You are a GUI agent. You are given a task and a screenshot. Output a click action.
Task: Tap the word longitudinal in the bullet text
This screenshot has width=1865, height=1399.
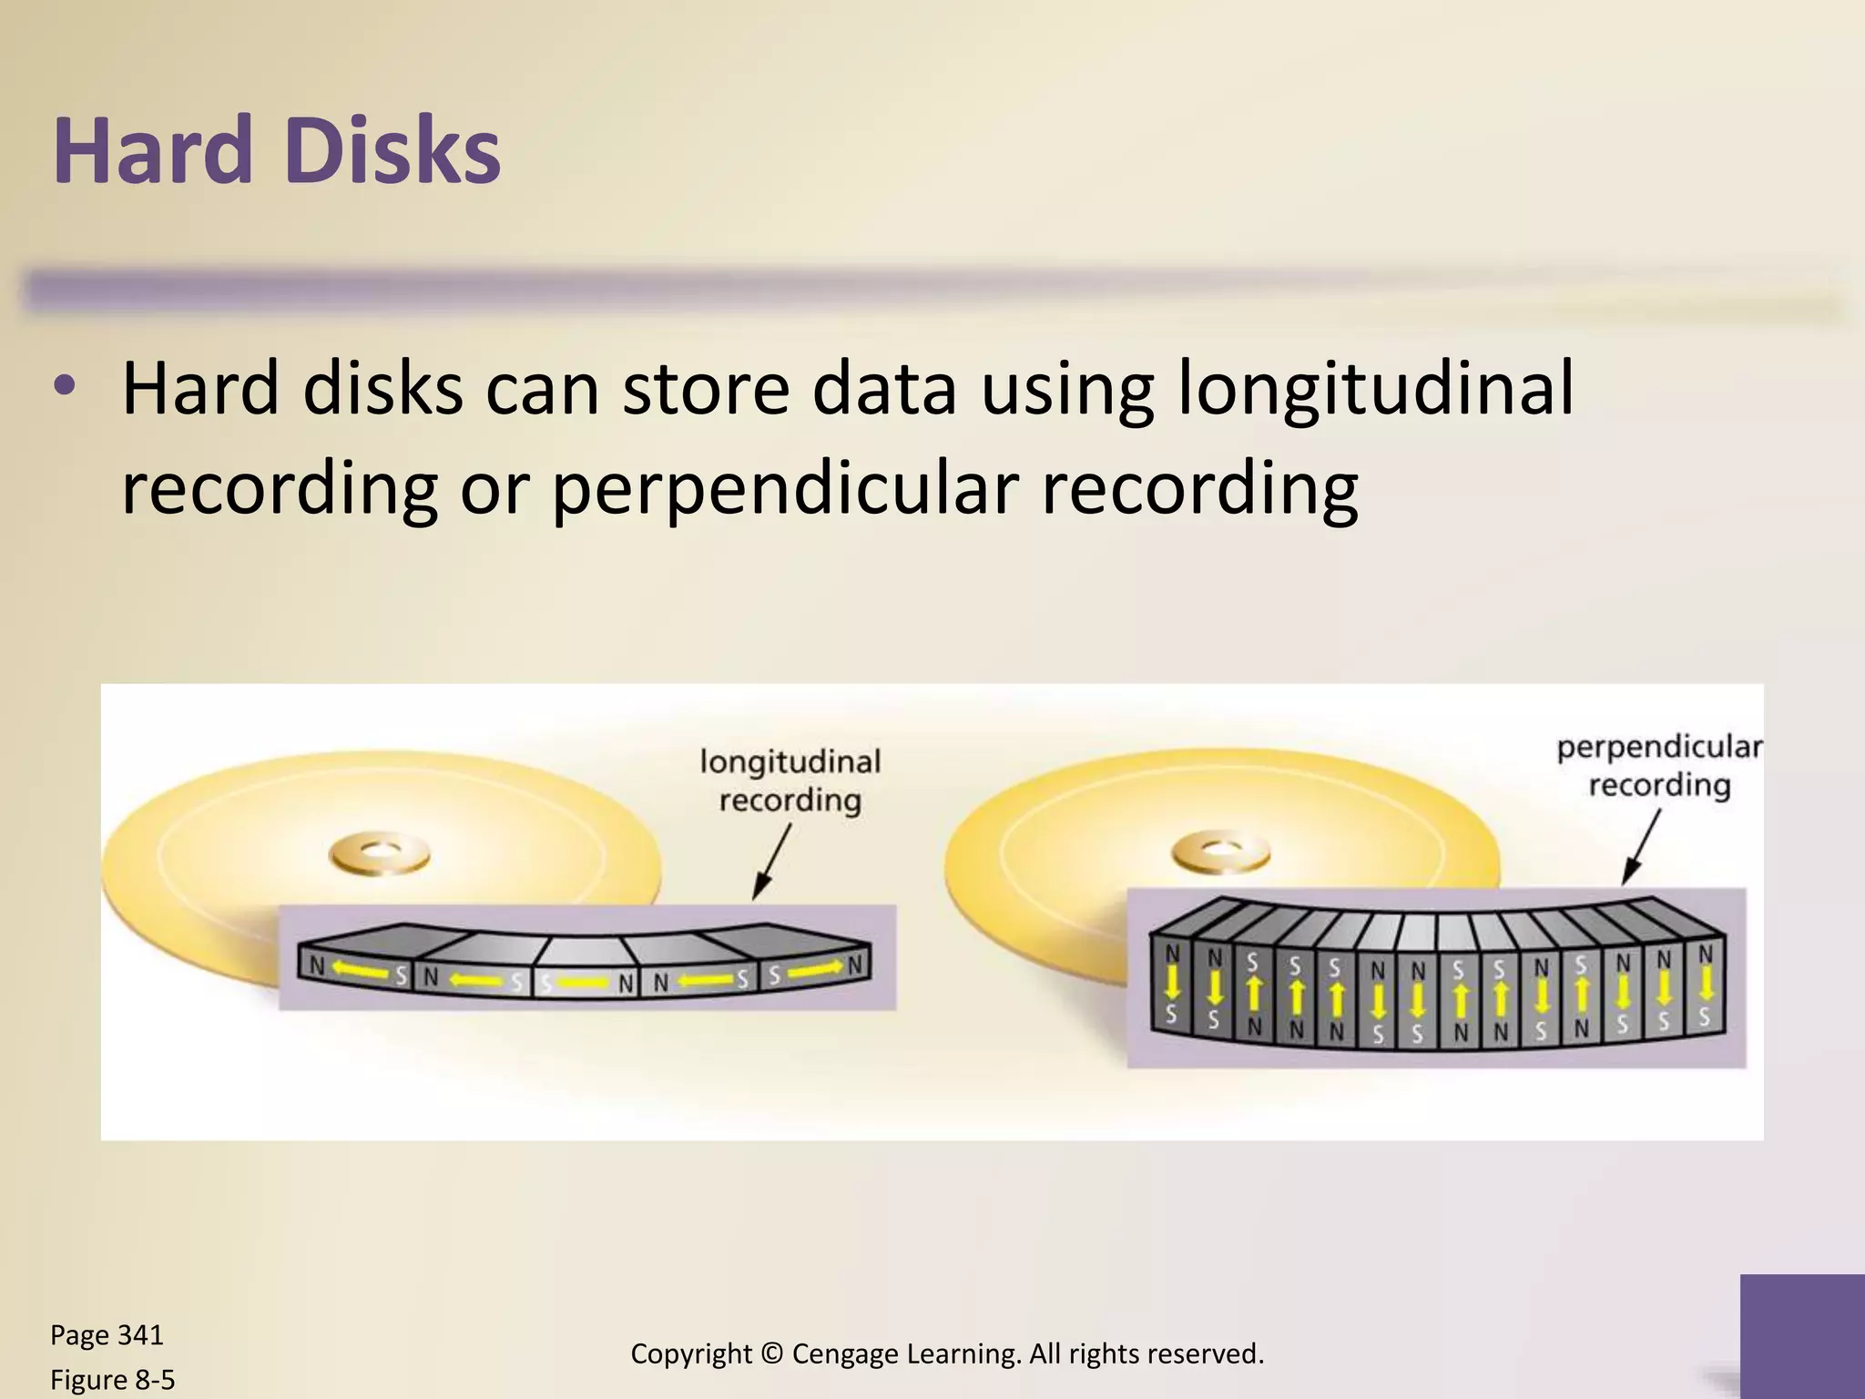[x=1375, y=390]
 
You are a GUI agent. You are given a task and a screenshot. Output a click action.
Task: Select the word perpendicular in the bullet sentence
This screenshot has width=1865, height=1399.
[x=785, y=489]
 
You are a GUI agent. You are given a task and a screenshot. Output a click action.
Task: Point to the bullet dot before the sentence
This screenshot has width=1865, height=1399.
[x=65, y=386]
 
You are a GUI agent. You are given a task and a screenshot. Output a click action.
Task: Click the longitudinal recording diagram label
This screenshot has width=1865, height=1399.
[x=790, y=781]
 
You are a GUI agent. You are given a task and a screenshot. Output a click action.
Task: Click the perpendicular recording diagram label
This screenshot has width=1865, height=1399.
[x=1659, y=766]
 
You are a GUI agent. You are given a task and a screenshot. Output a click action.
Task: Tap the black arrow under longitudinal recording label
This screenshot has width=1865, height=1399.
[x=772, y=861]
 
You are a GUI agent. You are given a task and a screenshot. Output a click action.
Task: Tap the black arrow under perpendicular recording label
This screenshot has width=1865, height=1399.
[x=1642, y=847]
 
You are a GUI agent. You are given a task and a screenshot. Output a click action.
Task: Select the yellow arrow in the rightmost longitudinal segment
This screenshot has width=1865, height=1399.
[x=814, y=971]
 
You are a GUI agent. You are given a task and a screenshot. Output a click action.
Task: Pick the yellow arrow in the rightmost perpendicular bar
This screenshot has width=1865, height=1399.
[x=1706, y=984]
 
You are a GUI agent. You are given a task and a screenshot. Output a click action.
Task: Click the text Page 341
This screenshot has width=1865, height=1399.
[x=107, y=1335]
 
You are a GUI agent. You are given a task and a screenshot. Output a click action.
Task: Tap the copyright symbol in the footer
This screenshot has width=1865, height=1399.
[x=772, y=1353]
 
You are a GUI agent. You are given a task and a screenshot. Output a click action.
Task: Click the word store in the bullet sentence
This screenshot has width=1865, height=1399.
[x=706, y=390]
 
